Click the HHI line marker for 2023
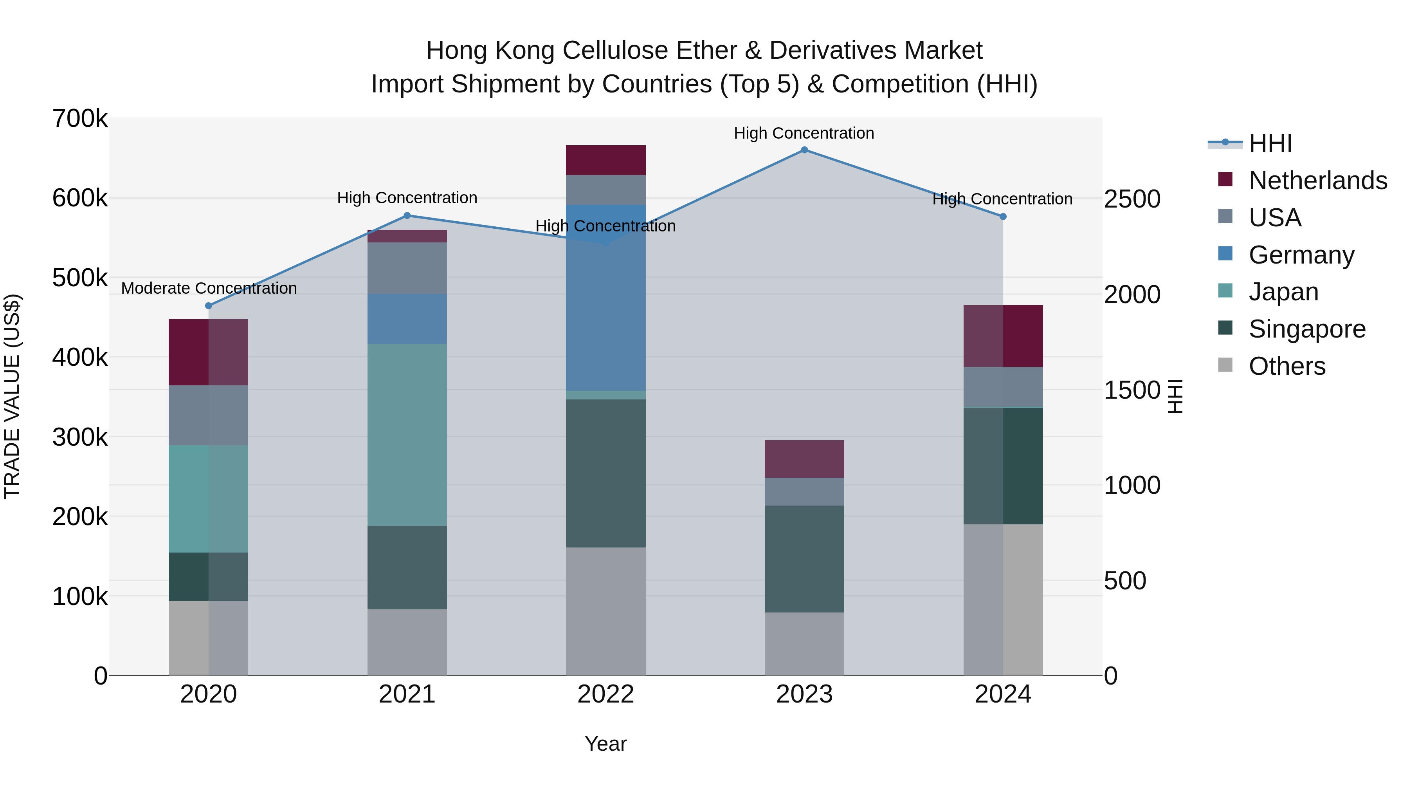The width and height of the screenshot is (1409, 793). coord(804,150)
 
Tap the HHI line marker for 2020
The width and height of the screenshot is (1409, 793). coord(208,306)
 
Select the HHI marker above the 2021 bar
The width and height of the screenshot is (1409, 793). coord(407,216)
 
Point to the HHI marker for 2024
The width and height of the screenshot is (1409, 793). coord(1003,217)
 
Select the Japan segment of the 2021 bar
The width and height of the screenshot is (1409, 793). coord(407,435)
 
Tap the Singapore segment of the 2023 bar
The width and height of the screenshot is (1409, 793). coord(804,559)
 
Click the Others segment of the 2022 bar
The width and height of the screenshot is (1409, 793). coord(605,611)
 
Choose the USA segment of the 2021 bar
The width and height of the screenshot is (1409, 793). coord(407,268)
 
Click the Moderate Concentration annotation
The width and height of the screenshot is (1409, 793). coord(209,288)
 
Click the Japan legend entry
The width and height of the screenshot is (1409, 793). coord(1283,292)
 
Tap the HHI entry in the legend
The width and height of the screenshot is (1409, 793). coord(1270,143)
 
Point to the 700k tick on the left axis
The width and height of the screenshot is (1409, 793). coord(80,119)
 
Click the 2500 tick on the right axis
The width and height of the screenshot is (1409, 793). coord(1132,199)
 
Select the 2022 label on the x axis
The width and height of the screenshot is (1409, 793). coord(605,694)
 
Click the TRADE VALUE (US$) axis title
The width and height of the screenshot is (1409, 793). coord(13,396)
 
